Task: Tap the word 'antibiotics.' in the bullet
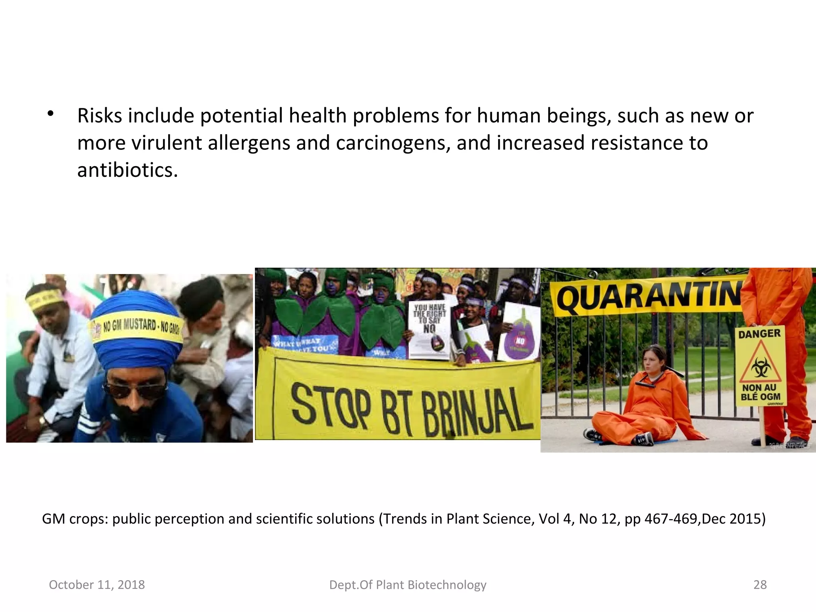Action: point(127,171)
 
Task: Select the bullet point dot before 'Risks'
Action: point(50,114)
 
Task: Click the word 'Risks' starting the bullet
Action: point(100,116)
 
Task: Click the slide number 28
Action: point(760,585)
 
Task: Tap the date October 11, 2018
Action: point(97,585)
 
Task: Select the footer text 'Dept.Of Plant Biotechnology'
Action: point(408,585)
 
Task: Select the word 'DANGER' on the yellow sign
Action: point(759,333)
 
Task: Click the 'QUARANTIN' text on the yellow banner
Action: point(647,297)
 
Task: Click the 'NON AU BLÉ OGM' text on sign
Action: point(760,392)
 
